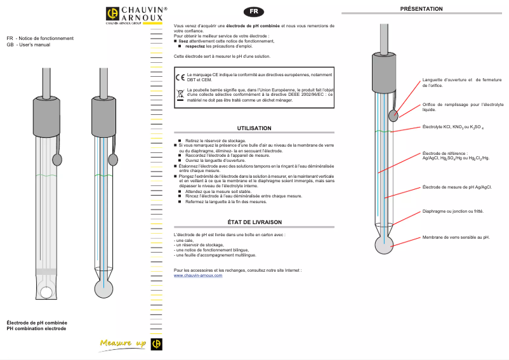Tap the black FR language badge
pos(254,12)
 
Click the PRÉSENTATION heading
pos(422,8)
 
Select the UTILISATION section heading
pos(254,128)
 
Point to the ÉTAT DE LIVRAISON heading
pos(254,222)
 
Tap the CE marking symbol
pos(180,77)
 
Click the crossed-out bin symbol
pos(180,95)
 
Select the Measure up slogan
pos(123,343)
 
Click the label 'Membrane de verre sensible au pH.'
pos(456,237)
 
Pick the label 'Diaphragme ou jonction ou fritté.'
pos(453,211)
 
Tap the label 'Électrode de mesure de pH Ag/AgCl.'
pos(457,187)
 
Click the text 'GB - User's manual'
pos(28,45)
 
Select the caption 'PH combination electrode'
pos(36,328)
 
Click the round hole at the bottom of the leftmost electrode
pos(46,293)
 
